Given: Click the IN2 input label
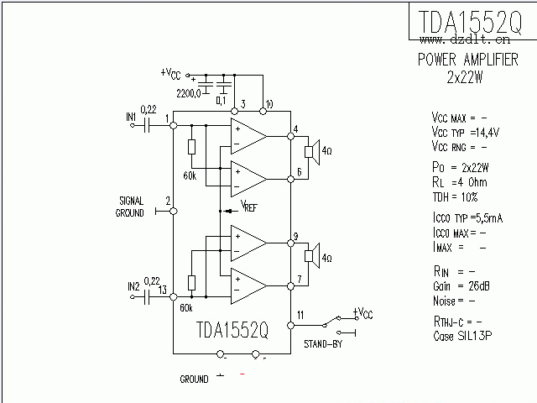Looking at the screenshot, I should pos(133,286).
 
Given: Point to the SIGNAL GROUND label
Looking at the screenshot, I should pos(132,207).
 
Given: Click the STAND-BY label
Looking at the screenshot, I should pos(321,343).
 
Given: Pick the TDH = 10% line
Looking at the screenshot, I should pos(455,196).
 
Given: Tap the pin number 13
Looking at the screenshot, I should pos(162,290).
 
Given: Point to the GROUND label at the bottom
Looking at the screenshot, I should pos(194,379).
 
